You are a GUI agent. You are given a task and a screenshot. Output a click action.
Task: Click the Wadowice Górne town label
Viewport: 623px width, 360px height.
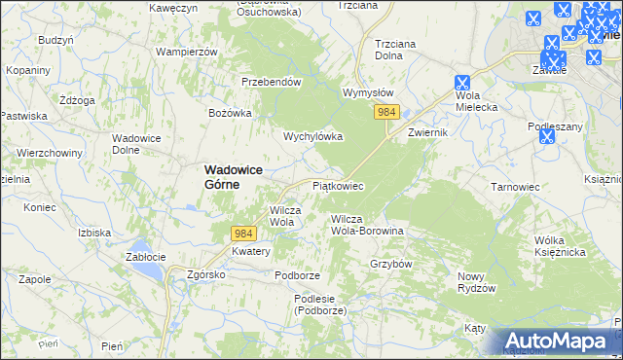235,176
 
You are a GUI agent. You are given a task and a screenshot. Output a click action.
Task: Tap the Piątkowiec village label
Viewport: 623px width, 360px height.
337,185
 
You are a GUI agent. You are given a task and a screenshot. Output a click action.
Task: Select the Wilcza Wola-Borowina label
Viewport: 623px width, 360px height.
367,225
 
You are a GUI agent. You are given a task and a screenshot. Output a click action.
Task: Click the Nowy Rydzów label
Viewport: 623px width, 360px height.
477,282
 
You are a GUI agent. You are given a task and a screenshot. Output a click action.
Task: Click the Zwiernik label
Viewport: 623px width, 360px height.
427,131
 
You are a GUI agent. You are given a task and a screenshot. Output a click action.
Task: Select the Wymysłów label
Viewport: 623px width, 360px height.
368,92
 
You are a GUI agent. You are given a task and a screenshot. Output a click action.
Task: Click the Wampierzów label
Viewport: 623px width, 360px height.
186,50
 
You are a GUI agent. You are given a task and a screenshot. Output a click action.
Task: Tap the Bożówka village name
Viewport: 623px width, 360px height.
231,113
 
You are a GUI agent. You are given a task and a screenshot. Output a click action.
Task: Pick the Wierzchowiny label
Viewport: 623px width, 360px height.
48,153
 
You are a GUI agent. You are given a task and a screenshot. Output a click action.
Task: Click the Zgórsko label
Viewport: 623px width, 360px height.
206,274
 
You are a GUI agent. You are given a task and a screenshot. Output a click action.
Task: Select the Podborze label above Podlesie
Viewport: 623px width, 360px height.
297,275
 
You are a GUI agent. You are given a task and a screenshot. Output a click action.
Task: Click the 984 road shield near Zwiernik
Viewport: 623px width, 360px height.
386,113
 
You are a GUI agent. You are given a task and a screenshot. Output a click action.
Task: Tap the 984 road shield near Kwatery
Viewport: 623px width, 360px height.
243,233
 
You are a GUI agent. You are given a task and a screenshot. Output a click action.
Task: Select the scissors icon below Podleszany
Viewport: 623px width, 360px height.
546,136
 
